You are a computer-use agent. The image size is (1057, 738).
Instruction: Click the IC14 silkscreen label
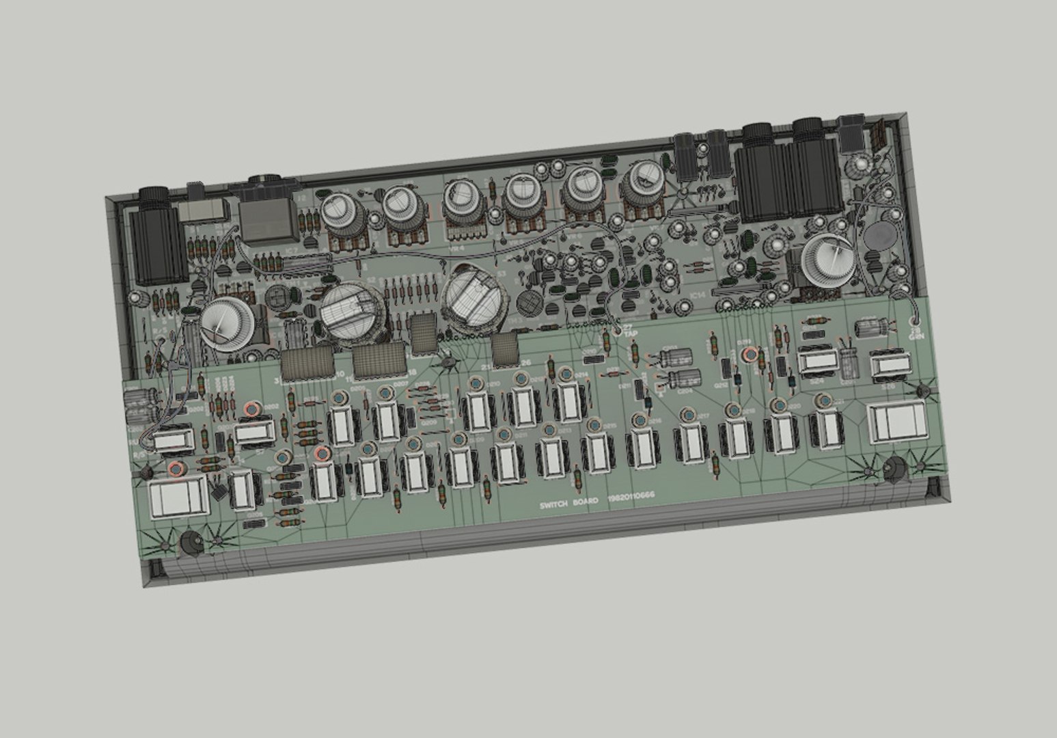(698, 295)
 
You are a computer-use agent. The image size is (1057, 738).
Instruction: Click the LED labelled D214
(565, 374)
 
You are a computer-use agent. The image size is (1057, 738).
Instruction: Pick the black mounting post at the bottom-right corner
(894, 469)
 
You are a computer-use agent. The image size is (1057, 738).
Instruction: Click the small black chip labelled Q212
(725, 369)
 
